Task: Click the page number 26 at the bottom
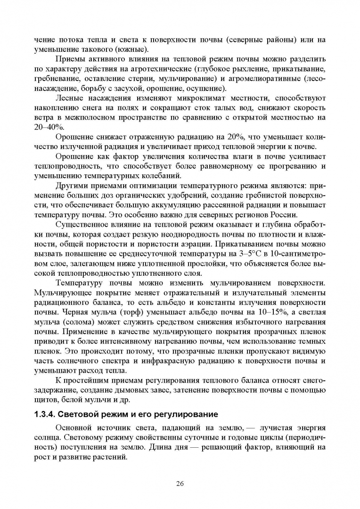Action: point(180,484)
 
